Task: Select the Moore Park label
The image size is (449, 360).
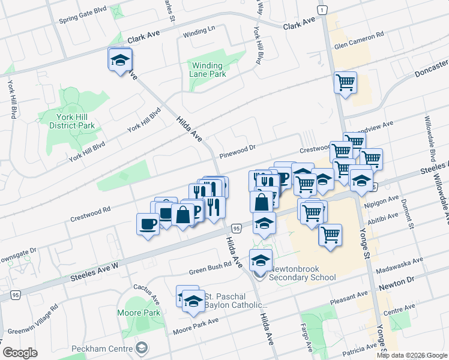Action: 139,313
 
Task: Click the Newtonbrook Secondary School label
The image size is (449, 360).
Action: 302,273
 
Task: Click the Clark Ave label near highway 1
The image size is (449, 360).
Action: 299,24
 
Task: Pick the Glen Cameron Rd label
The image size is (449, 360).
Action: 359,41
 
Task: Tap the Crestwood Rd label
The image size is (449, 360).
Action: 90,210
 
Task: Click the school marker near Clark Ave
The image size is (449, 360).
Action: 120,60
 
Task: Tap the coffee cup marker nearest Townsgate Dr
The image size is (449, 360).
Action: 148,224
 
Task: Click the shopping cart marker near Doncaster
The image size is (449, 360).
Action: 345,82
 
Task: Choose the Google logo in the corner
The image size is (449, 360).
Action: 20,353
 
